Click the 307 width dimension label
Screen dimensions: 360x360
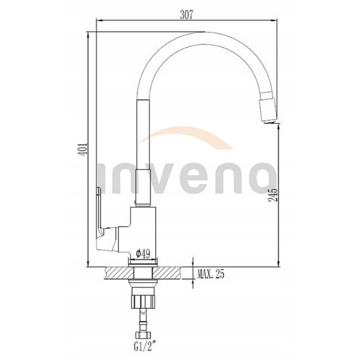pos(186,15)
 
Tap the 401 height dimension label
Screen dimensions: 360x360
pos(82,149)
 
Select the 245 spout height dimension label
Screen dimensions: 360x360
pos(273,195)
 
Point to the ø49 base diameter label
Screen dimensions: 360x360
pos(143,254)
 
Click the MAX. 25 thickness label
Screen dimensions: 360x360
pos(210,274)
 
